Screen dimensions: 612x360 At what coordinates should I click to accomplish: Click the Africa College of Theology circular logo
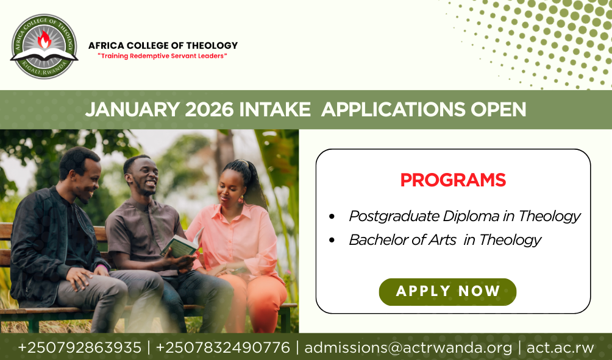point(44,46)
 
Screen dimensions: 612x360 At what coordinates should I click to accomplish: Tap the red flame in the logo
point(44,39)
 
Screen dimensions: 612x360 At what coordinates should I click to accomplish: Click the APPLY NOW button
point(447,292)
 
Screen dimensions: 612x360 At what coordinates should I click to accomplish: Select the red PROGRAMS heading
point(453,180)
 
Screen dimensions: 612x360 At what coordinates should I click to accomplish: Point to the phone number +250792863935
point(80,348)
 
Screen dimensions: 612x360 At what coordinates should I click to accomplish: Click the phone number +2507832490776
point(223,348)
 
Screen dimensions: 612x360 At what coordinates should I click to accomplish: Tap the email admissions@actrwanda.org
point(408,348)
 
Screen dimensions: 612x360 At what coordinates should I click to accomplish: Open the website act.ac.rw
point(560,348)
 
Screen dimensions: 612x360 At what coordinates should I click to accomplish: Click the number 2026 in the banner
point(209,110)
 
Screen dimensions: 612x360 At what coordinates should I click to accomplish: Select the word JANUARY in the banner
point(133,110)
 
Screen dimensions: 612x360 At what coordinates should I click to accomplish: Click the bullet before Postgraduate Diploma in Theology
point(332,216)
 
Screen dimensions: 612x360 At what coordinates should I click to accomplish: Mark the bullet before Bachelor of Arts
point(332,240)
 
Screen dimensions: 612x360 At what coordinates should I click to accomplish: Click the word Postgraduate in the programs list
point(394,216)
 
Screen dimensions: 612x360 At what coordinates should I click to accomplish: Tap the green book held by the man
point(182,244)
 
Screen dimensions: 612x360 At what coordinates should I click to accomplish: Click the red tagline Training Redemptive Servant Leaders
point(162,56)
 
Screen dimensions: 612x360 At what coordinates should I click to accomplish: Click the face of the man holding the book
point(145,177)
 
